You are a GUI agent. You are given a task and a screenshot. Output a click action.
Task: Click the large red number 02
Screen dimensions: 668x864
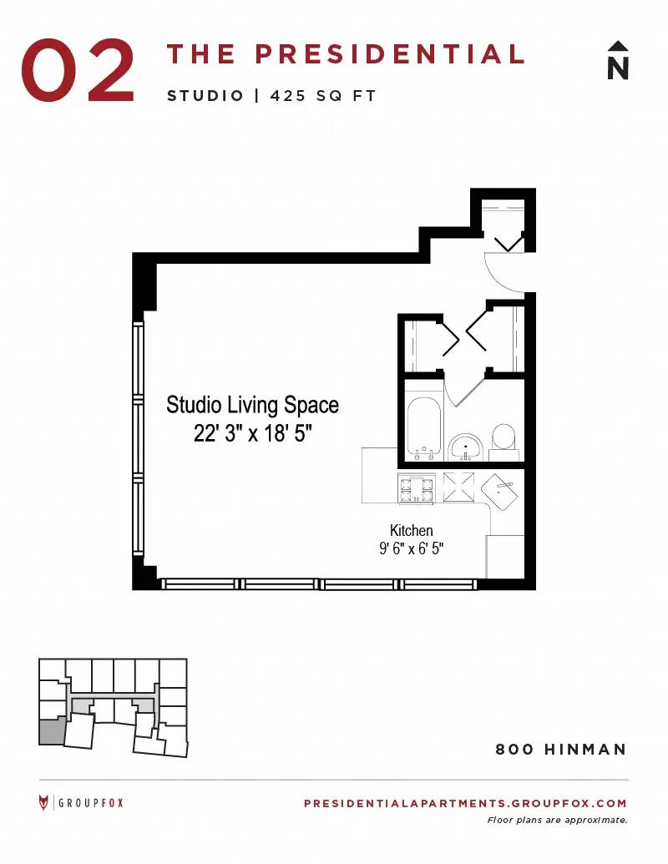point(78,70)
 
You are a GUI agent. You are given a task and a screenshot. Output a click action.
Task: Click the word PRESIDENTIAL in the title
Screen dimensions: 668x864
point(389,54)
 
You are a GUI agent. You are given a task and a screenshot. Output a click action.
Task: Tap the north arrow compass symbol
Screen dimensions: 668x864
point(618,60)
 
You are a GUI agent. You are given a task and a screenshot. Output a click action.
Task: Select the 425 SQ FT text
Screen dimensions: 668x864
point(323,96)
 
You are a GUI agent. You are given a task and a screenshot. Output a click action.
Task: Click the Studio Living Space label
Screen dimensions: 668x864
point(252,405)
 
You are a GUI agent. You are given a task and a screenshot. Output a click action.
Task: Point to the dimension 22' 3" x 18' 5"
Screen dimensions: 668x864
point(252,433)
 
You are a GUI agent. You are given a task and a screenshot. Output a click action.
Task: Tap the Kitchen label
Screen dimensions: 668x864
point(411,531)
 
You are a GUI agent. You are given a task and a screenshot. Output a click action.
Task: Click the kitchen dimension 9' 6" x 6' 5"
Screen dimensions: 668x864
point(411,548)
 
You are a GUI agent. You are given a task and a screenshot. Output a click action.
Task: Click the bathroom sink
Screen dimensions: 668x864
point(466,447)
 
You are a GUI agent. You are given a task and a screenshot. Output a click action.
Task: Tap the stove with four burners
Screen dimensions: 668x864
point(417,488)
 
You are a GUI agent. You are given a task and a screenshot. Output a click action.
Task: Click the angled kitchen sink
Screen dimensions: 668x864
point(499,492)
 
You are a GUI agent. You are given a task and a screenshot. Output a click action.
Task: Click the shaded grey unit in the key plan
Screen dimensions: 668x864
point(52,731)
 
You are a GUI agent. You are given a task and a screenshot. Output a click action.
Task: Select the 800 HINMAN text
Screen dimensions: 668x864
point(561,750)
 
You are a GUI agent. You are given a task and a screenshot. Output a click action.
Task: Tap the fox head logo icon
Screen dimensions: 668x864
point(43,803)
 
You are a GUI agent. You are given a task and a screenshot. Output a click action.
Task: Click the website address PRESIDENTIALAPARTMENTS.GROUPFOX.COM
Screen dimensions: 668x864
point(465,803)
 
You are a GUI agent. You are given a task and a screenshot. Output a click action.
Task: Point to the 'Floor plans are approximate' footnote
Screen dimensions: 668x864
point(557,821)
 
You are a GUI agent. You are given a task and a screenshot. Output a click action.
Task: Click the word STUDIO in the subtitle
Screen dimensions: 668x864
point(205,96)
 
